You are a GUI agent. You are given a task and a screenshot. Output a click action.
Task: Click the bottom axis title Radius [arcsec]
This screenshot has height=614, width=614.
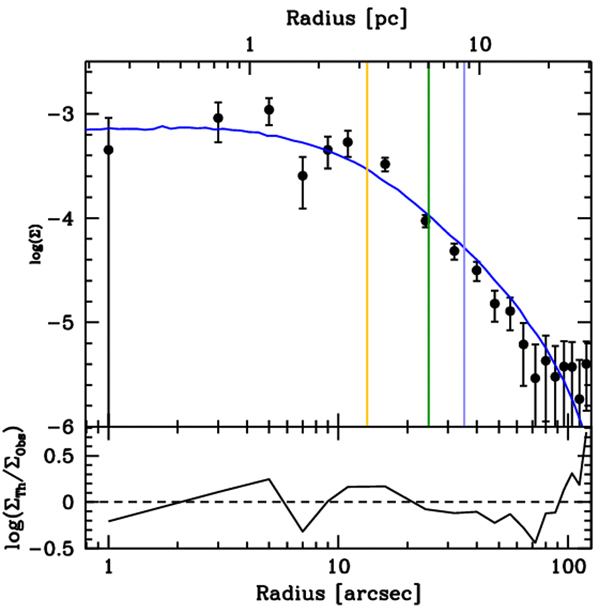338,593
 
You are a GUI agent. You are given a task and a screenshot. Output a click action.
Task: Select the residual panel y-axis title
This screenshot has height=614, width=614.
16,486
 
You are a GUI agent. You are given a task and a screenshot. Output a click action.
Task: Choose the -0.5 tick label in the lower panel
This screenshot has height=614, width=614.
55,547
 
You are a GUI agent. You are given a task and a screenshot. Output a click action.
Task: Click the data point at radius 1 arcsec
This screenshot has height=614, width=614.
109,149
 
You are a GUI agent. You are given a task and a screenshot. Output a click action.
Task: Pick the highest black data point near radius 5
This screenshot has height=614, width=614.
269,110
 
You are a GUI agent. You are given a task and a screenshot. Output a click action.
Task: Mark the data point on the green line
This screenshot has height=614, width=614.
426,221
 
